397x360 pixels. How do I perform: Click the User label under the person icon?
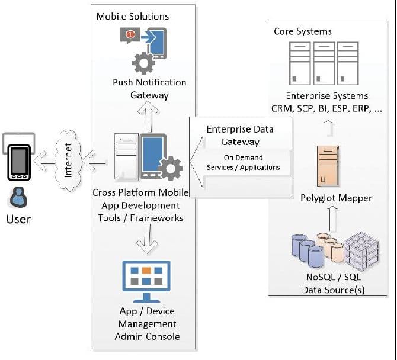click(18, 219)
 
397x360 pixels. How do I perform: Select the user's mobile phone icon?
click(18, 160)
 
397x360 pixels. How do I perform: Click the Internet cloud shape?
click(68, 159)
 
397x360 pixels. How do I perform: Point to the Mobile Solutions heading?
click(133, 17)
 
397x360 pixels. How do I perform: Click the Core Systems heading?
click(303, 31)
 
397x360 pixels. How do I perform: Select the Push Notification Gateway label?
click(149, 88)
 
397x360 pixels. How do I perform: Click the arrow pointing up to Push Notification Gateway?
click(149, 116)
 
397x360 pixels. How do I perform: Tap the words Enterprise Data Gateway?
click(240, 135)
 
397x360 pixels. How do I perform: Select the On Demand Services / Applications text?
click(243, 163)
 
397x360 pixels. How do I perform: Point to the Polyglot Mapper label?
click(337, 198)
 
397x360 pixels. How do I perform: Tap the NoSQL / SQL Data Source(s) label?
click(332, 283)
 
